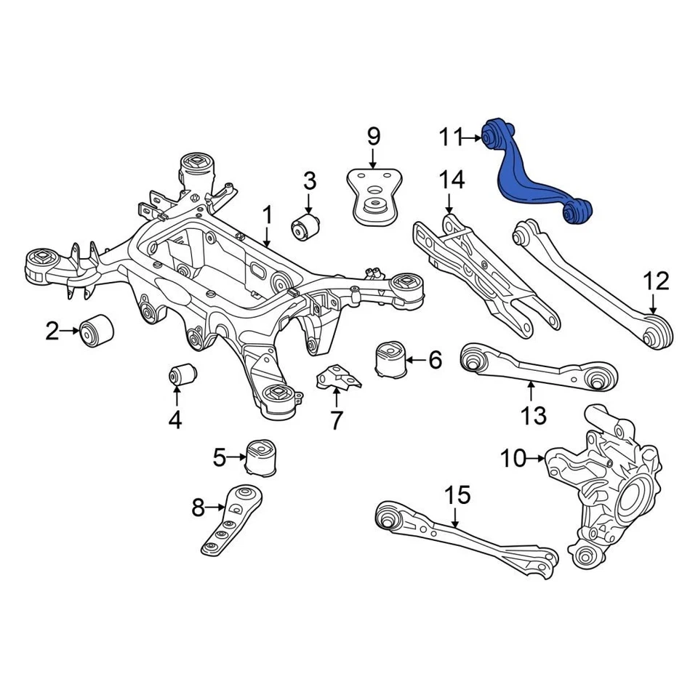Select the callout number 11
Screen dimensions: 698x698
(x=451, y=137)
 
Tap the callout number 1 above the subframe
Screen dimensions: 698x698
(x=267, y=216)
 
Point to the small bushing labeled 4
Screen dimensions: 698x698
(x=182, y=374)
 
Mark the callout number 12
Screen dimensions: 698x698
(x=655, y=281)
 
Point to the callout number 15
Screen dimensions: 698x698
(x=458, y=496)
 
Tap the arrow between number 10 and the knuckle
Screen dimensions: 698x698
(x=537, y=458)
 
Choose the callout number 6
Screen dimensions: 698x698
(x=434, y=359)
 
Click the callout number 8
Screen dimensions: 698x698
(x=198, y=508)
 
